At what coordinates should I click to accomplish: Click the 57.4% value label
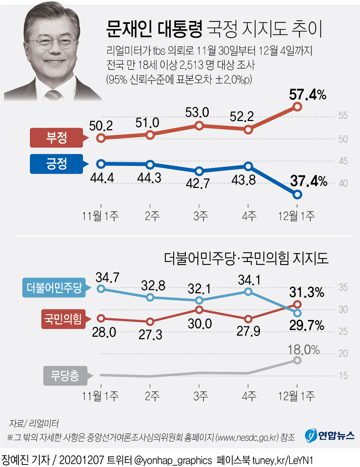coord(307,95)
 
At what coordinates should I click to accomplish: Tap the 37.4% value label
coord(308,181)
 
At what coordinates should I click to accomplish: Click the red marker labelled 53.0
coord(199,126)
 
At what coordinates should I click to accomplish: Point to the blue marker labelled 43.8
coord(249,166)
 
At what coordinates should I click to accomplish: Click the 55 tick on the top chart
coord(343,116)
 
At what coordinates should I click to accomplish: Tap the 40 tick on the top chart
coord(343,183)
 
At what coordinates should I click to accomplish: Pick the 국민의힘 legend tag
coord(63,319)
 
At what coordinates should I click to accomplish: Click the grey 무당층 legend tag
coord(65,376)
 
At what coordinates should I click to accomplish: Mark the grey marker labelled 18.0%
coord(297,360)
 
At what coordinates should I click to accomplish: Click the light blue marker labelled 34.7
coord(101,288)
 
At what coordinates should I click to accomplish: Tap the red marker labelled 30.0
coord(199,310)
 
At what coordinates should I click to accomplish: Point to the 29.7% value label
coord(307,325)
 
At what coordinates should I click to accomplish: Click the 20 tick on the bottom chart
coord(343,353)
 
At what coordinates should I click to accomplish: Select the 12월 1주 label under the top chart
coord(296,216)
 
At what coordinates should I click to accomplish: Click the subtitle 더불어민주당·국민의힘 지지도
coord(246,258)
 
